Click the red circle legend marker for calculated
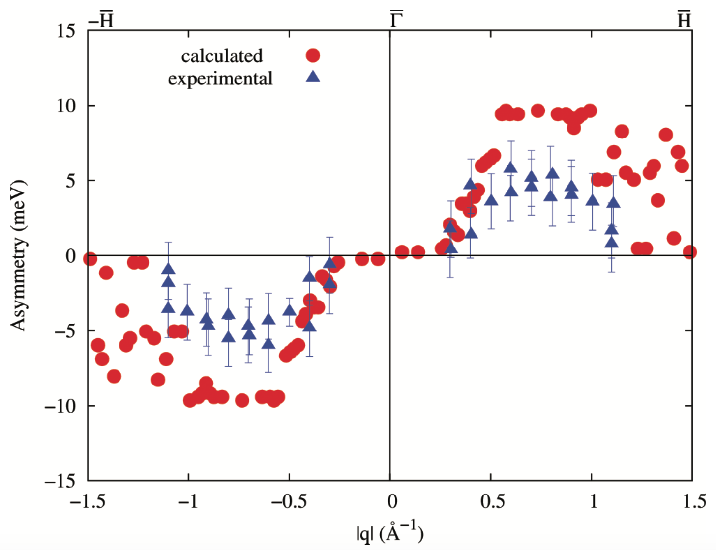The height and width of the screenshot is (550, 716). pyautogui.click(x=313, y=55)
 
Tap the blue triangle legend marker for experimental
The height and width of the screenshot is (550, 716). pyautogui.click(x=313, y=77)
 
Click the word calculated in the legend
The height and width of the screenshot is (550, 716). pyautogui.click(x=222, y=56)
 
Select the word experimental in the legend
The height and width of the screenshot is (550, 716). pyautogui.click(x=220, y=79)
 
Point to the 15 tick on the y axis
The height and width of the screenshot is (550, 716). pyautogui.click(x=65, y=31)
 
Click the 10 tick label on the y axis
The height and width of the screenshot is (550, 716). pyautogui.click(x=65, y=106)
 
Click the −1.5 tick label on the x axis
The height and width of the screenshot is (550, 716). pyautogui.click(x=87, y=501)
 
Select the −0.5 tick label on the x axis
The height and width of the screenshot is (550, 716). pyautogui.click(x=289, y=501)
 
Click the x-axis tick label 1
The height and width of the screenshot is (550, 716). pyautogui.click(x=593, y=501)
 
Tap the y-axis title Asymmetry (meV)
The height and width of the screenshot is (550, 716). pyautogui.click(x=19, y=255)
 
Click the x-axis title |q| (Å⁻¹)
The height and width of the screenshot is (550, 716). pyautogui.click(x=390, y=532)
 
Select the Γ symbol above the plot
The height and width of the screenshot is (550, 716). pyautogui.click(x=396, y=20)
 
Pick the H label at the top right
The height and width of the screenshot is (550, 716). pyautogui.click(x=684, y=20)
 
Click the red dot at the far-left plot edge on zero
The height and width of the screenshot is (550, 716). pyautogui.click(x=89, y=259)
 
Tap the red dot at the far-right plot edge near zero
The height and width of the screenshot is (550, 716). pyautogui.click(x=689, y=252)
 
